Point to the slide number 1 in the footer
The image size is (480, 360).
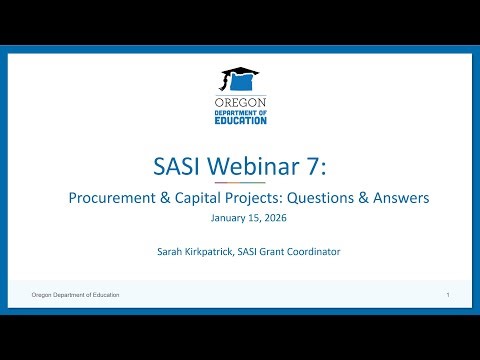[448, 296]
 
